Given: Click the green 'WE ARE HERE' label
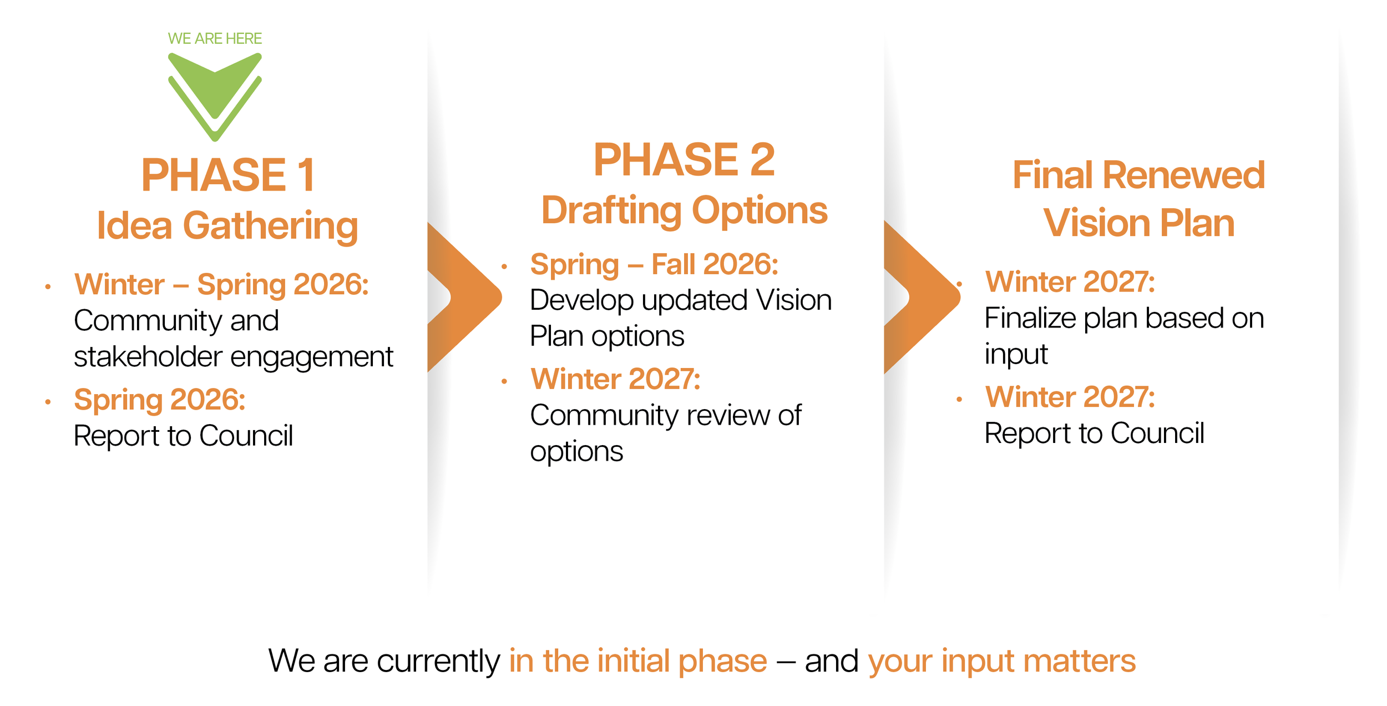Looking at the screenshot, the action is (x=215, y=38).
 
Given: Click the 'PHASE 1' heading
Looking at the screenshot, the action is (x=228, y=175).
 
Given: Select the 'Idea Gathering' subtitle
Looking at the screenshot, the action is (x=227, y=225).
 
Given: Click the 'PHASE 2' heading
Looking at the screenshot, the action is (x=684, y=160).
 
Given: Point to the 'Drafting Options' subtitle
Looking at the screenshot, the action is (x=684, y=210).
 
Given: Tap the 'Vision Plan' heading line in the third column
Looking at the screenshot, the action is (x=1138, y=223).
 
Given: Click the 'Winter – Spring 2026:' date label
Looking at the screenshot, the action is (x=221, y=284).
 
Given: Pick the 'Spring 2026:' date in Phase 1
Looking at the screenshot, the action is (x=160, y=400).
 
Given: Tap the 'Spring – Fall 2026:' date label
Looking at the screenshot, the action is (x=654, y=264).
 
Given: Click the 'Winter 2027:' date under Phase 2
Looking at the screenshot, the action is (x=615, y=379).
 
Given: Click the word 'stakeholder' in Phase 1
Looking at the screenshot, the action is (x=148, y=356).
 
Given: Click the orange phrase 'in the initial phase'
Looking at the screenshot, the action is (x=638, y=660).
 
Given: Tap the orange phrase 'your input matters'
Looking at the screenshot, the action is (x=1001, y=660).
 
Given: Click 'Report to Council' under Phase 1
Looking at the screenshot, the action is (x=183, y=436).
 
